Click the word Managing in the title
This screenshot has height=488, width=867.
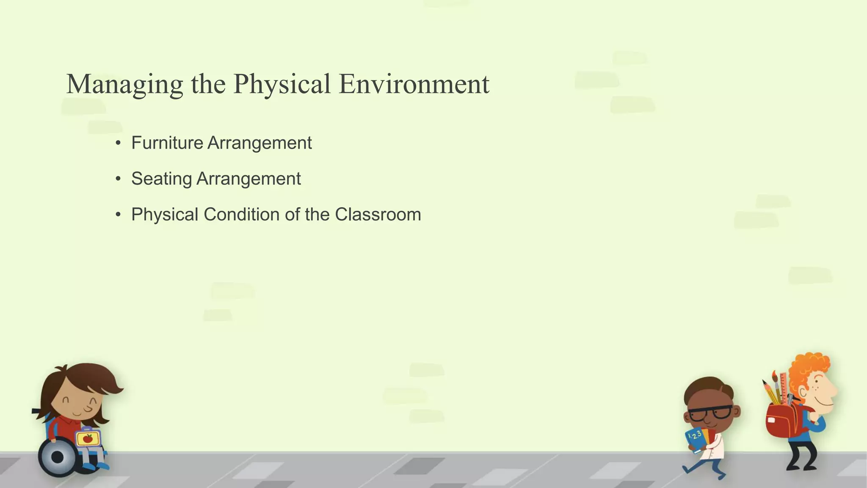(124, 84)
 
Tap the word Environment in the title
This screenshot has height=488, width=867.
(414, 84)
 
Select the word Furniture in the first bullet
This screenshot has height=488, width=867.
(167, 143)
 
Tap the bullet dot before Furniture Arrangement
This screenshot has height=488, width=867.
(118, 143)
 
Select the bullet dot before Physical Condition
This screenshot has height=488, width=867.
(118, 215)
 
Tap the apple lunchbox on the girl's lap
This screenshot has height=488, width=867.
(88, 438)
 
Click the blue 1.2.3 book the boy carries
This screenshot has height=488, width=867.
(695, 439)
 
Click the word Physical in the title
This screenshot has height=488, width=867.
(282, 84)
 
